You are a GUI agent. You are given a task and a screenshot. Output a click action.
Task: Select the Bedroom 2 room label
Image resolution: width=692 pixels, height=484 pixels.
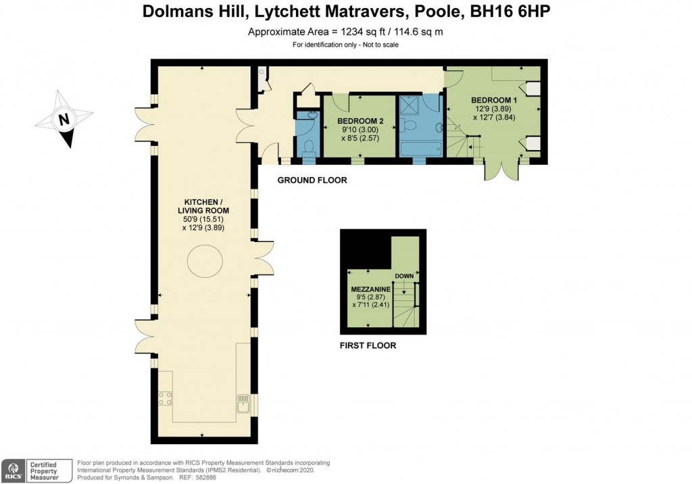point(357,121)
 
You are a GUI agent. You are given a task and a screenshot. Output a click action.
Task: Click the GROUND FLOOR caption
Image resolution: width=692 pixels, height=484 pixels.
point(312,180)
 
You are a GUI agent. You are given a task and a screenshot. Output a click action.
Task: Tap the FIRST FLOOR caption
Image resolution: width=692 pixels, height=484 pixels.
point(368,345)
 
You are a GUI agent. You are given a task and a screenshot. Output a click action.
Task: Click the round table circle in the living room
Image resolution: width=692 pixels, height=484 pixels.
point(203,261)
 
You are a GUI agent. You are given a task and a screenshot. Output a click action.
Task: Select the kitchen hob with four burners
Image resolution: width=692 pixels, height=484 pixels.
point(164,398)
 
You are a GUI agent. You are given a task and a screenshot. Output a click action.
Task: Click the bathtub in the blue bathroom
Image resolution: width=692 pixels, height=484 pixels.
point(420,146)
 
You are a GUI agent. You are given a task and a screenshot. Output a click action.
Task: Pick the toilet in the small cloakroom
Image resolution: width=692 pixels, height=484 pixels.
point(308,146)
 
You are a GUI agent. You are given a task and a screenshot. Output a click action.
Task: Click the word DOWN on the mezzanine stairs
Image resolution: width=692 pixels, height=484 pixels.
point(404,276)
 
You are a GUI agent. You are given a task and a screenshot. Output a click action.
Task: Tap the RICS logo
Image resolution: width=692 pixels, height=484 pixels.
point(11,468)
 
